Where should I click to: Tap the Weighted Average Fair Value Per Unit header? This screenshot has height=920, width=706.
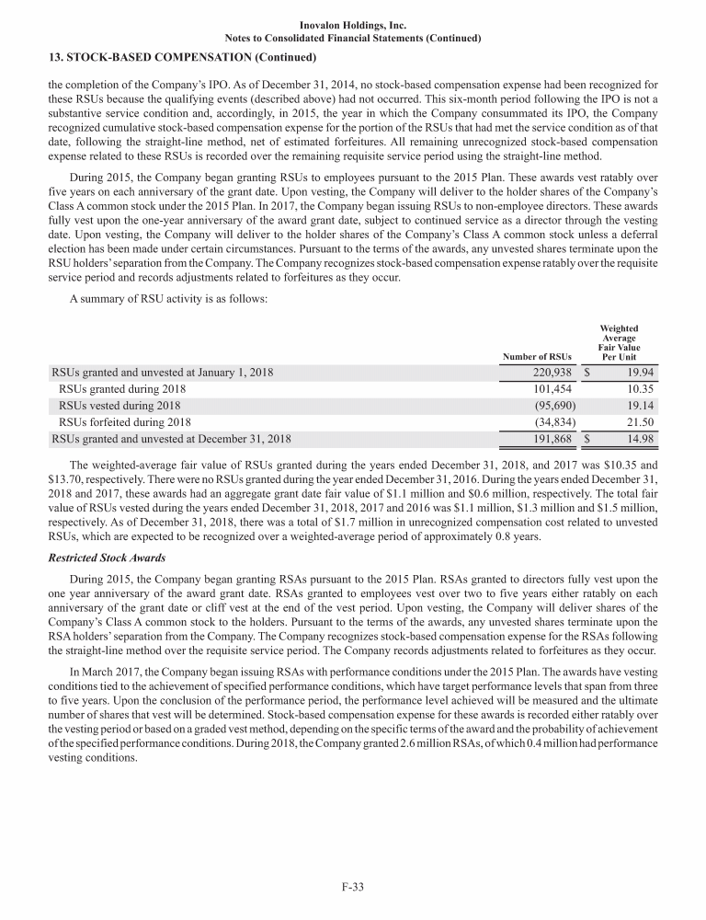coord(619,342)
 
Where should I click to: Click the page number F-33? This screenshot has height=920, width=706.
coord(353,887)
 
